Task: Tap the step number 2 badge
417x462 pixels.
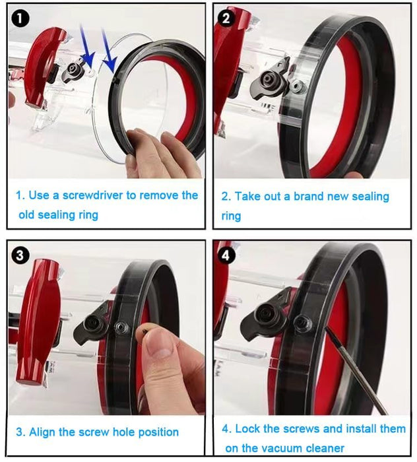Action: click(x=226, y=18)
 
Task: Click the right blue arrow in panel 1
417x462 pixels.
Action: click(x=110, y=56)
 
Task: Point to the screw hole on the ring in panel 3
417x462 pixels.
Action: click(x=121, y=328)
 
